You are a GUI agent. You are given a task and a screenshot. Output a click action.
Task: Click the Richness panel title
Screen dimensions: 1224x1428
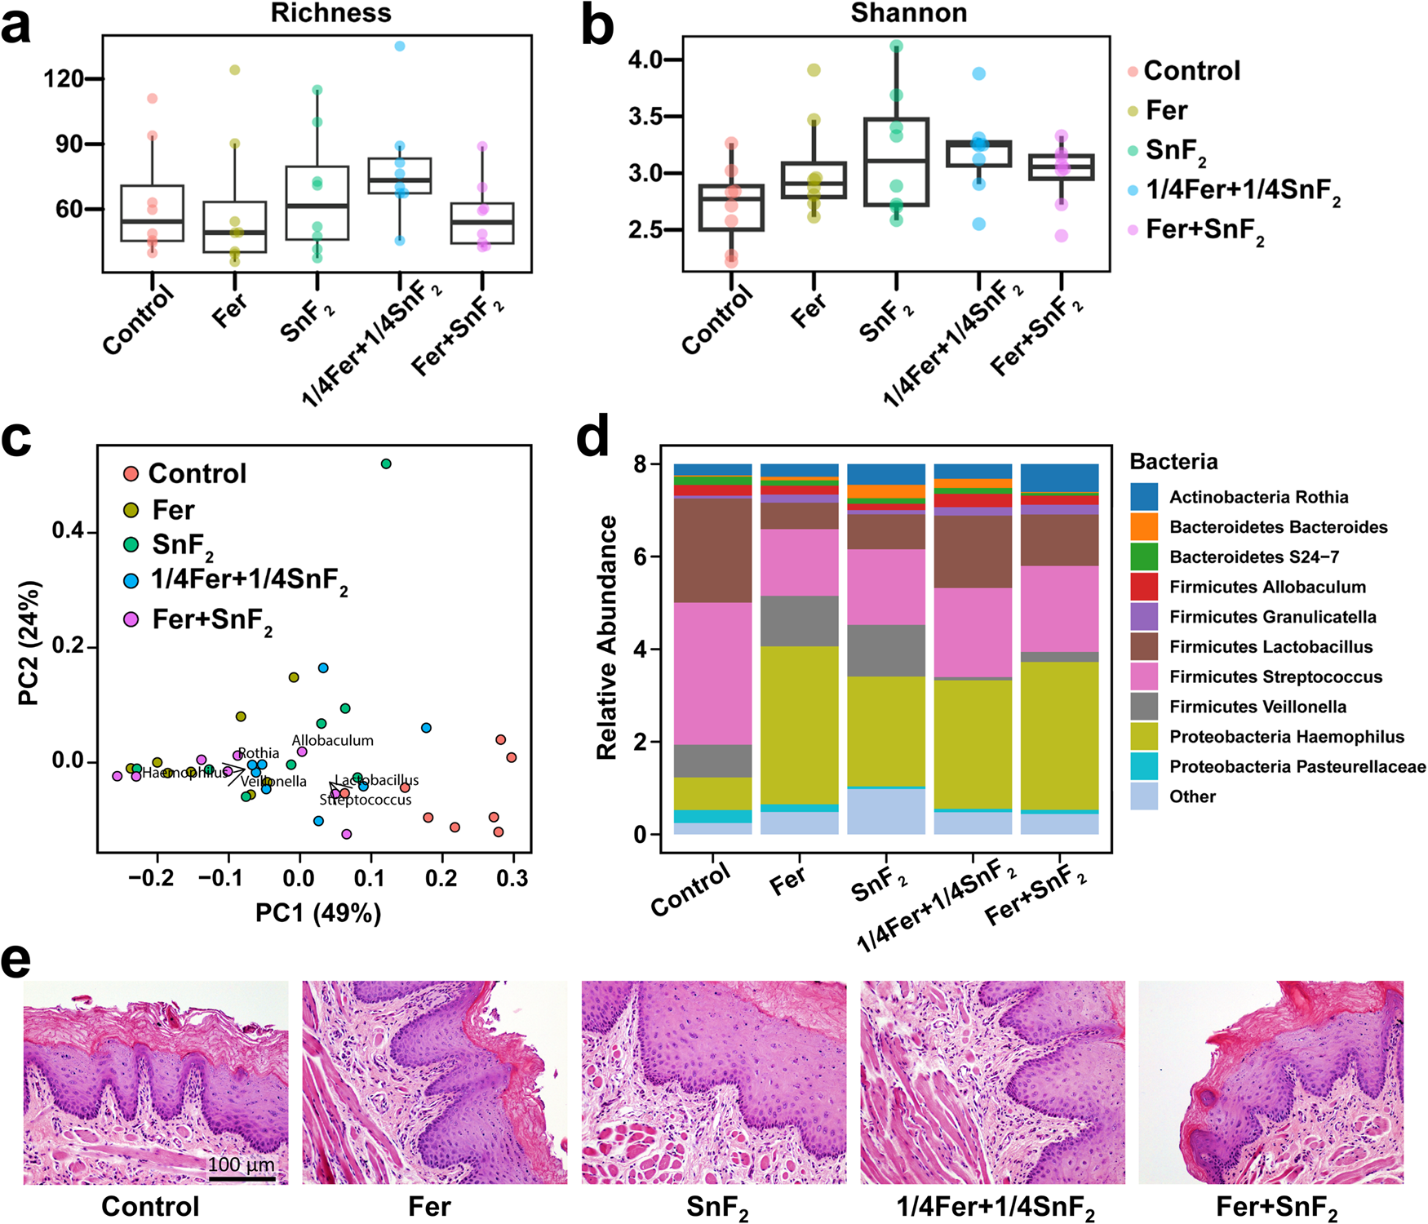[330, 13]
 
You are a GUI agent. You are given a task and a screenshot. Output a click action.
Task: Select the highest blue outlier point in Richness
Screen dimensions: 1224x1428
[400, 47]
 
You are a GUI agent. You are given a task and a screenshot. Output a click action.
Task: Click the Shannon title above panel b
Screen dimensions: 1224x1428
[908, 13]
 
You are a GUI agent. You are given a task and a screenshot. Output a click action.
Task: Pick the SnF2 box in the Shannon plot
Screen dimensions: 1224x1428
[896, 162]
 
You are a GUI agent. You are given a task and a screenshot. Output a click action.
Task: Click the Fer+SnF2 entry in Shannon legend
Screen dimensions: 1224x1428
[1204, 230]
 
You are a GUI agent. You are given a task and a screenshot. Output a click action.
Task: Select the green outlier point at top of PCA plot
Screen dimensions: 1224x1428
[386, 463]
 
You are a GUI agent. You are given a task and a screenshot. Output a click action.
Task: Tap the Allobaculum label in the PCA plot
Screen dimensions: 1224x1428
[333, 741]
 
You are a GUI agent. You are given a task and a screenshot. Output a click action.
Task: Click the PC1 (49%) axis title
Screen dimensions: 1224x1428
[318, 912]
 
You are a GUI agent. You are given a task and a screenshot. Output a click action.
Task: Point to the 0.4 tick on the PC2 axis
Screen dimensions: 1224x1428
[68, 531]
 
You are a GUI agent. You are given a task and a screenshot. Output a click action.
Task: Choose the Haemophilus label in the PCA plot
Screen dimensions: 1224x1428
[185, 773]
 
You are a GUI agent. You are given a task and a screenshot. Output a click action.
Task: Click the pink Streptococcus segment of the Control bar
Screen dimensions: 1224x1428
[712, 673]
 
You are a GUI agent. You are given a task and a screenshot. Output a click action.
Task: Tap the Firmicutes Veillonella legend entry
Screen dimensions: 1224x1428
[1257, 707]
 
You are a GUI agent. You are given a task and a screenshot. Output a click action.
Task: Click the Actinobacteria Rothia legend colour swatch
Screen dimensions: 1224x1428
[1144, 497]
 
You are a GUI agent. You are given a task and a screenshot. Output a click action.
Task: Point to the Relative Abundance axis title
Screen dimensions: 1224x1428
[606, 637]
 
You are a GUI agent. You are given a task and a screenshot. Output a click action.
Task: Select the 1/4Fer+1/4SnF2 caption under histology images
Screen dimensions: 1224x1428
[995, 1207]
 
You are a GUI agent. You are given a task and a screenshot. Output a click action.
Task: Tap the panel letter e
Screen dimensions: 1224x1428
[16, 960]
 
